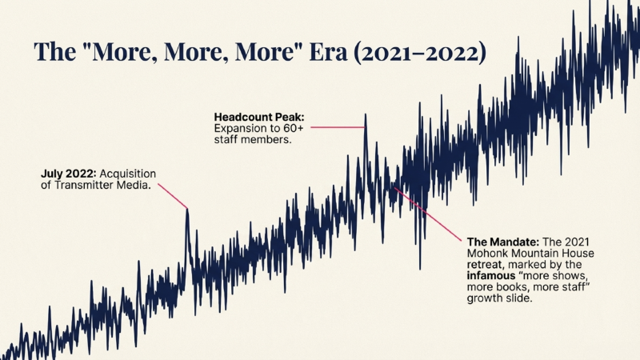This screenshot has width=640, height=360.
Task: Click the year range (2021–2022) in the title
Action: tap(421, 52)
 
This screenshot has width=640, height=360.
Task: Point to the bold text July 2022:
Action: tap(70, 173)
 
